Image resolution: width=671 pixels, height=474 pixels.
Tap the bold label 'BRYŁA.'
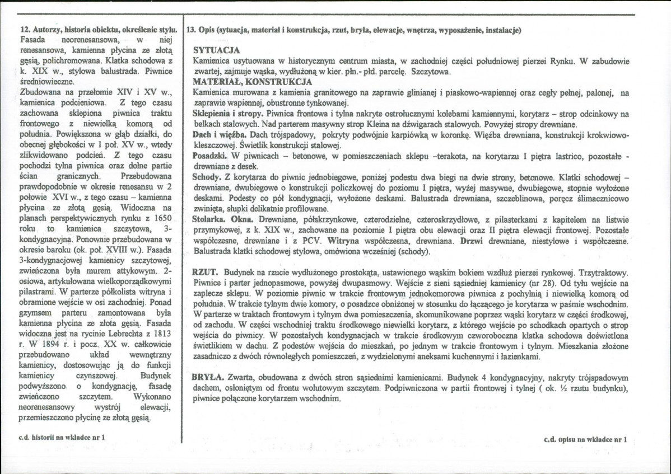click(x=208, y=377)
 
